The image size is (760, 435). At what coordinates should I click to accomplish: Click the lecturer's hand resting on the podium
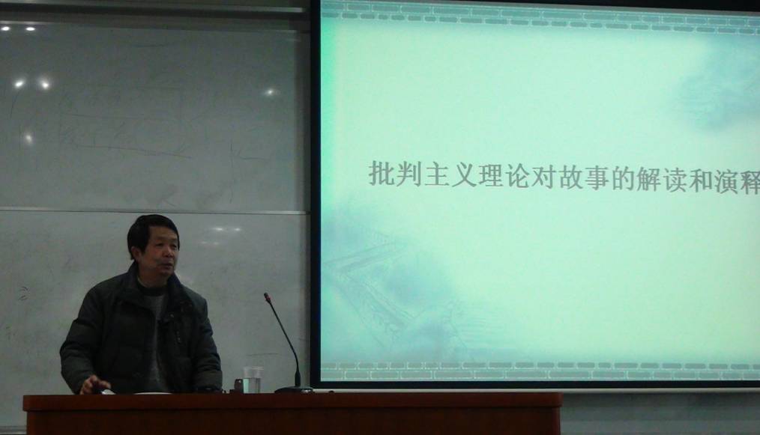click(x=95, y=385)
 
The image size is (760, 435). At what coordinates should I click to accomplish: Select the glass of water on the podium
click(x=252, y=380)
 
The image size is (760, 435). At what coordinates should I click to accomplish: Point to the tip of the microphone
click(x=266, y=295)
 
